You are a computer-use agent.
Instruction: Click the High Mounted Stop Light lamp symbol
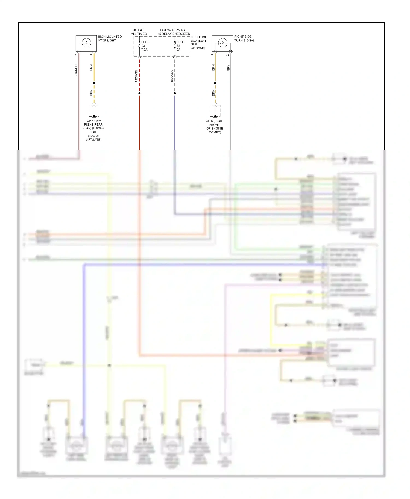pyautogui.click(x=86, y=43)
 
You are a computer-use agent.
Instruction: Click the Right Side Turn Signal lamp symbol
pyautogui.click(x=222, y=43)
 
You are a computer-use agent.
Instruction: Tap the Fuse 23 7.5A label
pyautogui.click(x=145, y=46)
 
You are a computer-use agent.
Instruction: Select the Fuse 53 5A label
pyautogui.click(x=180, y=46)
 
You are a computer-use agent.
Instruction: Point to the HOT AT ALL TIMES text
pyautogui.click(x=139, y=32)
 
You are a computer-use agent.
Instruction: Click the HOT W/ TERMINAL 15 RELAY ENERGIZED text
pyautogui.click(x=174, y=32)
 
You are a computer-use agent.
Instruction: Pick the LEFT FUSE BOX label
pyautogui.click(x=199, y=42)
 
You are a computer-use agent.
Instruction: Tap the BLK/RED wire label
pyautogui.click(x=76, y=71)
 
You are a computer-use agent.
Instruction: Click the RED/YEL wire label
pyautogui.click(x=136, y=76)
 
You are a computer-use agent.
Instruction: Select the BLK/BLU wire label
pyautogui.click(x=172, y=76)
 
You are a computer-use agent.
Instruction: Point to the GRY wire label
pyautogui.click(x=228, y=68)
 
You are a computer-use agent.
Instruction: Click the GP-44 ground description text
pyautogui.click(x=93, y=130)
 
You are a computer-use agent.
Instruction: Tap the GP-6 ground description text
pyautogui.click(x=215, y=127)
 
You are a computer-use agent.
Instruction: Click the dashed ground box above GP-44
pyautogui.click(x=94, y=111)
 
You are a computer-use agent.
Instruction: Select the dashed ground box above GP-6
pyautogui.click(x=215, y=111)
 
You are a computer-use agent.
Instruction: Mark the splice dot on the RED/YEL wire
pyautogui.click(x=139, y=93)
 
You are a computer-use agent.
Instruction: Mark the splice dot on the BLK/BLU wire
pyautogui.click(x=175, y=93)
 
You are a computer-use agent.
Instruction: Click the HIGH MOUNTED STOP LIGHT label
pyautogui.click(x=110, y=38)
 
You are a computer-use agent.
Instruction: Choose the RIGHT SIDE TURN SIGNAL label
pyautogui.click(x=244, y=38)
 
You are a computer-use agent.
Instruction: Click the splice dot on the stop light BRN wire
pyautogui.click(x=94, y=83)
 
